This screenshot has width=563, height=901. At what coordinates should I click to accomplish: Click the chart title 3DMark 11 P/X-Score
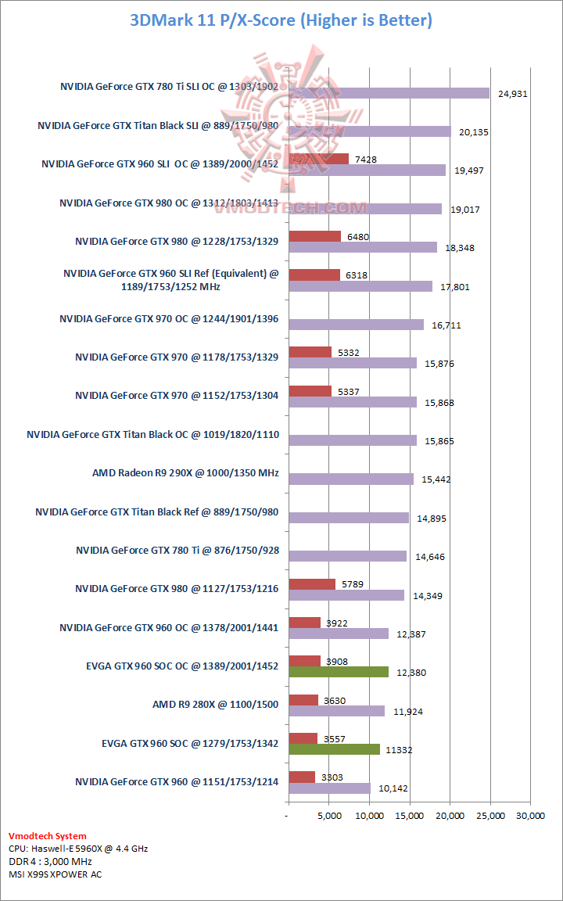(x=281, y=20)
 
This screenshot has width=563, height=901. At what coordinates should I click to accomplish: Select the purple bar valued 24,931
(x=389, y=93)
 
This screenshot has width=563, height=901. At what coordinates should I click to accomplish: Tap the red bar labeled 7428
(x=318, y=159)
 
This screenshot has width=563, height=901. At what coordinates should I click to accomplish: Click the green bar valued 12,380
(x=339, y=672)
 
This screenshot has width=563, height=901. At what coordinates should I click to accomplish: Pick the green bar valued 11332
(x=334, y=749)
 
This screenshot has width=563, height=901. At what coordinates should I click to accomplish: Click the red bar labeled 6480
(x=314, y=236)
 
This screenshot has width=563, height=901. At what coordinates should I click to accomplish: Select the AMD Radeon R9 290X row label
(x=185, y=473)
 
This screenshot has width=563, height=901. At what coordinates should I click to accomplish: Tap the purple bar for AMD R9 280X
(x=336, y=711)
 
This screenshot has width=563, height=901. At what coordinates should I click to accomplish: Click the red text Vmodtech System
(x=47, y=836)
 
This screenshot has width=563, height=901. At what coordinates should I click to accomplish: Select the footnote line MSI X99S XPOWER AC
(x=55, y=874)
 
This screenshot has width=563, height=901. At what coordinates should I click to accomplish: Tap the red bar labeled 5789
(x=312, y=583)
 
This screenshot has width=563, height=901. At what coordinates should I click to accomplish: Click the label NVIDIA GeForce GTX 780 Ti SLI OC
(x=169, y=87)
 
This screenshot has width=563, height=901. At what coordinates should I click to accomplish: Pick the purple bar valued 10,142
(x=329, y=788)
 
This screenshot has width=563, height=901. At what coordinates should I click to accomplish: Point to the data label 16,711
(x=446, y=325)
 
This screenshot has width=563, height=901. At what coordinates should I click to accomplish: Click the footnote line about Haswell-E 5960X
(x=78, y=849)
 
